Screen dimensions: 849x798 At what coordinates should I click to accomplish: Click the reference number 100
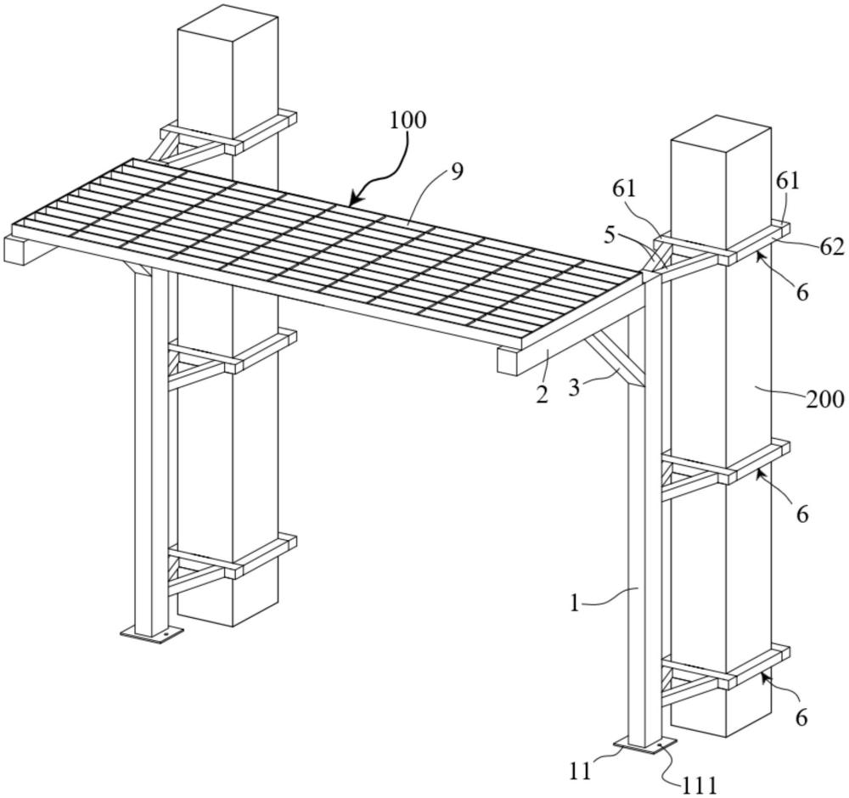(x=408, y=120)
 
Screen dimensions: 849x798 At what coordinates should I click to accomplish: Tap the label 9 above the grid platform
(x=458, y=172)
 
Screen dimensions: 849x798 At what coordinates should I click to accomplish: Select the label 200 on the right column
(x=825, y=400)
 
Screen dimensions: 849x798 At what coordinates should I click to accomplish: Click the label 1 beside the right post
(x=575, y=603)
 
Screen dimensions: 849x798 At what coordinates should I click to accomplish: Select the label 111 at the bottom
(x=700, y=784)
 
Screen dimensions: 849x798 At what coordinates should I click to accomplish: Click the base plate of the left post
(x=152, y=633)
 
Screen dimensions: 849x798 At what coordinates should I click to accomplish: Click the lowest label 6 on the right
(x=801, y=718)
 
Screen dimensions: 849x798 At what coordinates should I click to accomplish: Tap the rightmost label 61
(x=789, y=182)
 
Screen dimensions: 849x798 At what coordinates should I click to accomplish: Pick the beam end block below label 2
(x=509, y=362)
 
